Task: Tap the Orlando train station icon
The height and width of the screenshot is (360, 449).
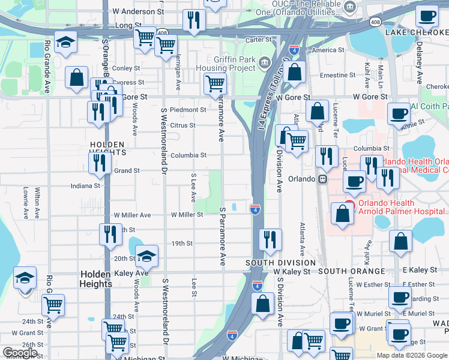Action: pyautogui.click(x=323, y=179)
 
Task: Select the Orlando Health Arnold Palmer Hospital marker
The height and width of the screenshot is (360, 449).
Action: pyautogui.click(x=349, y=205)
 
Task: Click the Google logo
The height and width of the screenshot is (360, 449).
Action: pyautogui.click(x=20, y=353)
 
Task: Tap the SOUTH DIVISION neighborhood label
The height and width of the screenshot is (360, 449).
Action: pyautogui.click(x=280, y=263)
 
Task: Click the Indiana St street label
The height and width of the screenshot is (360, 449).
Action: pyautogui.click(x=86, y=186)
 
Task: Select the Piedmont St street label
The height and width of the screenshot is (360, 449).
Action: pyautogui.click(x=188, y=110)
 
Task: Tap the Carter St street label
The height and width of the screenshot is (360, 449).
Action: pyautogui.click(x=259, y=40)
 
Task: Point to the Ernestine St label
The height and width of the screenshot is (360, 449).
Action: pyautogui.click(x=338, y=76)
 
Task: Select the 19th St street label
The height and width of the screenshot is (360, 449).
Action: pyautogui.click(x=181, y=244)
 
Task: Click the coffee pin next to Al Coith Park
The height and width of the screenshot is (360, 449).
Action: pyautogui.click(x=398, y=112)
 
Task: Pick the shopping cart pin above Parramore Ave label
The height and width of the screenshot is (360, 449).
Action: pyautogui.click(x=214, y=85)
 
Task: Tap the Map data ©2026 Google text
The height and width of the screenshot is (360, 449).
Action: pyautogui.click(x=411, y=355)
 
